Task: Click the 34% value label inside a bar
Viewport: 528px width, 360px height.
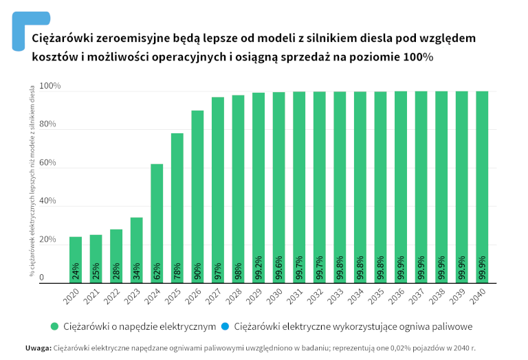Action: click(137, 271)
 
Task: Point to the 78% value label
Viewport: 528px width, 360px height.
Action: click(177, 271)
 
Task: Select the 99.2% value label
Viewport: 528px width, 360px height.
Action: click(258, 268)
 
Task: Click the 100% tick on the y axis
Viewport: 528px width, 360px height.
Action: click(50, 87)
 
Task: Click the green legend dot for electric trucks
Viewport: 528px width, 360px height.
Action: click(54, 325)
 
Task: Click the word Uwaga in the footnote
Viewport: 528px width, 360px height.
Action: click(38, 348)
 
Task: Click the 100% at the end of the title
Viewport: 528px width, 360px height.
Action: click(419, 57)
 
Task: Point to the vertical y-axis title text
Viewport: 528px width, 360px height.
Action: click(32, 181)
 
